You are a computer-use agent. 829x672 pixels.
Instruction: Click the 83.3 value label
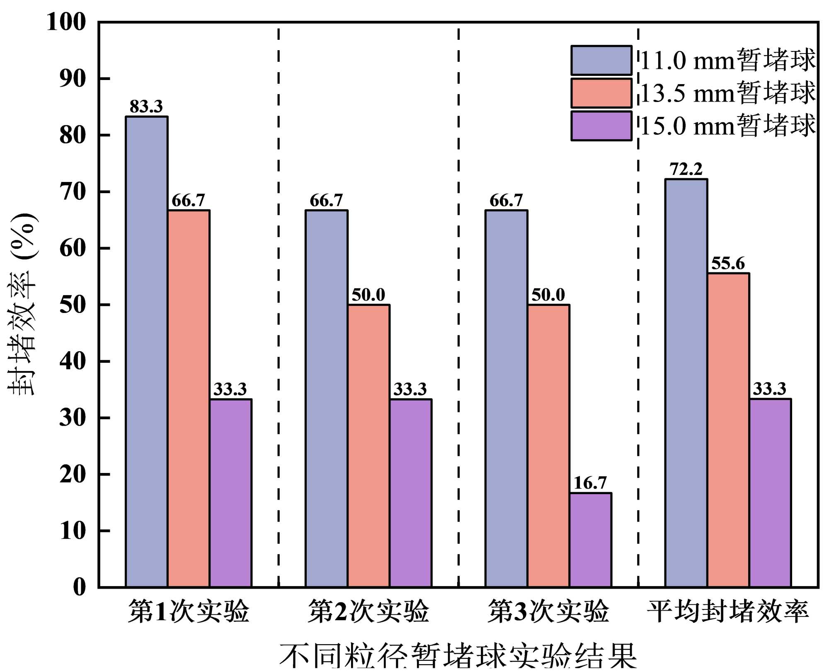(x=146, y=107)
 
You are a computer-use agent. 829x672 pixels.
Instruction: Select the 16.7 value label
(x=590, y=483)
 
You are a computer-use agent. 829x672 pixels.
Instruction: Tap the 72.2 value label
(x=686, y=170)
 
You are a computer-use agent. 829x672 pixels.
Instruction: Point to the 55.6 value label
(x=728, y=264)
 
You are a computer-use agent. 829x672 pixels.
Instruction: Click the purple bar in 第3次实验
(x=590, y=540)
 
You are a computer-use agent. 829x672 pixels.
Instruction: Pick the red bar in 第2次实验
(x=368, y=446)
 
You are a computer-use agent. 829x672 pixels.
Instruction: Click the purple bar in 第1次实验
(x=230, y=493)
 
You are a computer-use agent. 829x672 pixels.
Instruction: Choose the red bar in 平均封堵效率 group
(x=728, y=430)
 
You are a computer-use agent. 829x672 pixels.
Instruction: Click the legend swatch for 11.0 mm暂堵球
(x=601, y=61)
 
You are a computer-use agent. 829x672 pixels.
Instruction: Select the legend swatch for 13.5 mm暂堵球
(x=601, y=93)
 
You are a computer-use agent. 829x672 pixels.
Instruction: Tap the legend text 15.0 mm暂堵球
(x=728, y=126)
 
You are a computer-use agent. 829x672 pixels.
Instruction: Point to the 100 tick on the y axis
(x=66, y=22)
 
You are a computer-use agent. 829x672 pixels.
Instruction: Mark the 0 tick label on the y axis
(x=79, y=587)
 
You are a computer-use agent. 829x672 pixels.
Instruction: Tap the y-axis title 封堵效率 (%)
(x=23, y=305)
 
